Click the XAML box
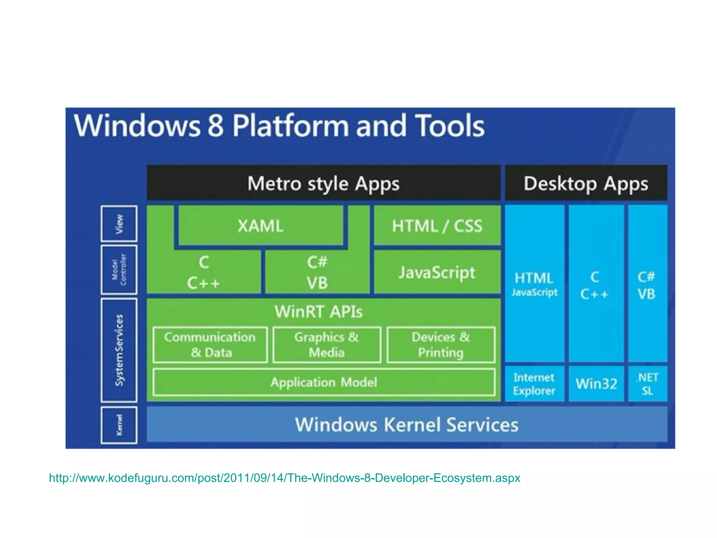[x=260, y=226]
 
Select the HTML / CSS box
[x=437, y=226]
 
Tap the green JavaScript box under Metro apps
[x=437, y=272]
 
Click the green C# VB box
[x=317, y=272]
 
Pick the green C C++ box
[x=204, y=272]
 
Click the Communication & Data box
[x=210, y=345]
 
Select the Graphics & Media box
[x=327, y=345]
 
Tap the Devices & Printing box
[x=441, y=345]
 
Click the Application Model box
[x=324, y=382]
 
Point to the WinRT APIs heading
[x=318, y=311]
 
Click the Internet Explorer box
[x=534, y=384]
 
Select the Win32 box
[x=596, y=384]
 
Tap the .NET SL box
[x=647, y=384]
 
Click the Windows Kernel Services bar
[x=406, y=425]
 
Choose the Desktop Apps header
[x=586, y=183]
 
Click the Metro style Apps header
[x=323, y=183]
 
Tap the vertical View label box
[x=119, y=224]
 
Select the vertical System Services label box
[x=119, y=350]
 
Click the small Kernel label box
[x=119, y=425]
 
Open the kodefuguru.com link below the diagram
[x=284, y=478]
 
